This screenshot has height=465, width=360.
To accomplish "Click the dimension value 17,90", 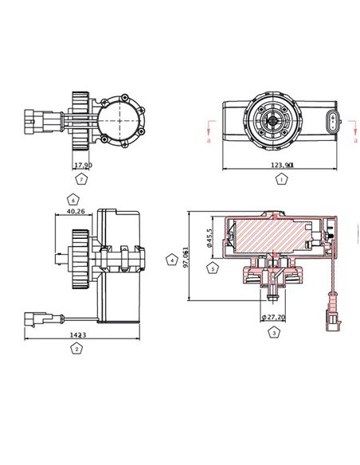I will click(83, 166).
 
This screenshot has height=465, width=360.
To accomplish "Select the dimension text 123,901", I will click(283, 165).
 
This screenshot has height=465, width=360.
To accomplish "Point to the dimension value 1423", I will click(77, 335).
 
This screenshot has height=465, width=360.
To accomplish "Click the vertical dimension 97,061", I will click(186, 256).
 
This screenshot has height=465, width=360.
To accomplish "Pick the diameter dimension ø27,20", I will click(273, 317).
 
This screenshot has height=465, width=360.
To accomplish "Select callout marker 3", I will click(273, 332).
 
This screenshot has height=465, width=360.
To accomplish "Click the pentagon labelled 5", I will click(212, 269).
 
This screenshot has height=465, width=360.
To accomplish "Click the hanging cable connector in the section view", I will click(331, 307).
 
